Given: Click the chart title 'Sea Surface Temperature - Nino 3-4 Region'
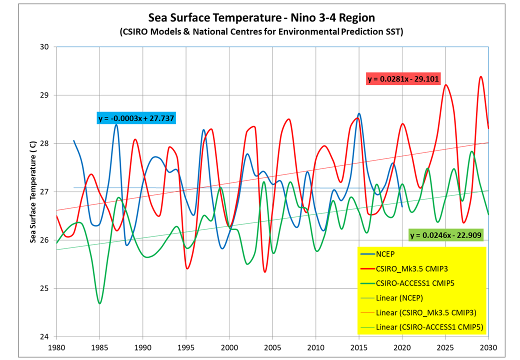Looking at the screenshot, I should click(261, 18).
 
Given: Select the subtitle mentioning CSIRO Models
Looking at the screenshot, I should click(261, 32).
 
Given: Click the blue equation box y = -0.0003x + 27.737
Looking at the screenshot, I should click(136, 118).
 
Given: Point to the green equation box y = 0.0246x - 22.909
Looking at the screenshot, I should click(446, 235).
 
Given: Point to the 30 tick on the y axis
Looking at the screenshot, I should click(45, 47).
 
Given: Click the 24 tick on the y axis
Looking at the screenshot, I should click(45, 336).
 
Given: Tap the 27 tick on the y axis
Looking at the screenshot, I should click(45, 192).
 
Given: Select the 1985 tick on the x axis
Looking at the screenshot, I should click(99, 346).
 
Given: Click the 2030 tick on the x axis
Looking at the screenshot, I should click(488, 346).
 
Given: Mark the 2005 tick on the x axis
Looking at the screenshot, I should click(272, 346).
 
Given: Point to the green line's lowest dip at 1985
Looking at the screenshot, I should click(99, 303).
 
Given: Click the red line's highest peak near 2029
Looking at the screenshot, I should click(480, 76).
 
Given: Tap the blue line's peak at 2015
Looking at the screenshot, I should click(359, 113).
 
